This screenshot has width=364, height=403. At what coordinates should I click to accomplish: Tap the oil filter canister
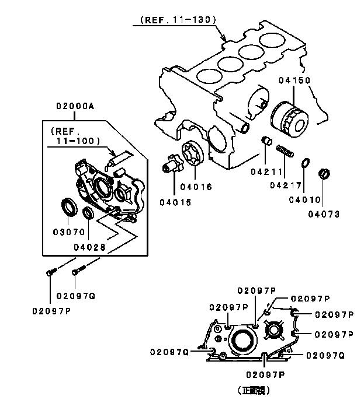click(x=289, y=120)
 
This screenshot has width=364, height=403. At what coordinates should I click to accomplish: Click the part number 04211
click(x=267, y=172)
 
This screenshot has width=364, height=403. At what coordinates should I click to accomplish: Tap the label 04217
click(x=286, y=186)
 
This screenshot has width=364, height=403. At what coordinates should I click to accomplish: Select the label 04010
click(x=304, y=200)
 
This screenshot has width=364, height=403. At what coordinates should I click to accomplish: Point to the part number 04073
click(x=324, y=213)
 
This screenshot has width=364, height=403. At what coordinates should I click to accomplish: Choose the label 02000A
click(x=75, y=107)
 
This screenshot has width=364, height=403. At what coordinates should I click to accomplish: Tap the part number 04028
click(x=90, y=247)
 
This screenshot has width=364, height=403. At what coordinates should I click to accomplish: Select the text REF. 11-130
click(x=178, y=20)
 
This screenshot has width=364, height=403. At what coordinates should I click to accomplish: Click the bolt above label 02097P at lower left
click(x=51, y=271)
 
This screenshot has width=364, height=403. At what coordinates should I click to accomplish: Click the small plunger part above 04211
click(x=265, y=141)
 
